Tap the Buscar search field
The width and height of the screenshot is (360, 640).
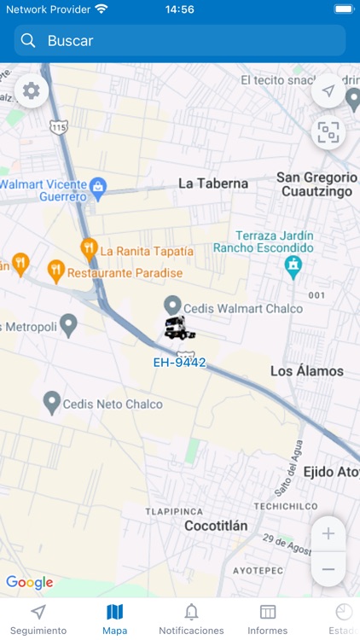(179, 40)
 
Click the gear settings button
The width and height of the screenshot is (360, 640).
(32, 90)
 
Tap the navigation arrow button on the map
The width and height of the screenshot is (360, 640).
(328, 91)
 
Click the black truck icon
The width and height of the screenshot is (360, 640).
(178, 327)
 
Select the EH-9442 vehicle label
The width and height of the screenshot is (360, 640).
(179, 362)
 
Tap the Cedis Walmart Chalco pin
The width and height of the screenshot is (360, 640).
(172, 305)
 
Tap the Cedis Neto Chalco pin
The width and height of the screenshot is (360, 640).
(52, 402)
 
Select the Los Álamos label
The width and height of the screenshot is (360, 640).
(306, 371)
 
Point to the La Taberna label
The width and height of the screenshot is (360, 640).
(212, 183)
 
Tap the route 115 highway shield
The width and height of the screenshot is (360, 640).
(58, 127)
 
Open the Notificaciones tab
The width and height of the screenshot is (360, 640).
(191, 620)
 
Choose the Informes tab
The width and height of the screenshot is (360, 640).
(267, 620)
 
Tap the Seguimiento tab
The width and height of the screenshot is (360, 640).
(38, 620)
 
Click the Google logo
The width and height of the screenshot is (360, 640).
(29, 583)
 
